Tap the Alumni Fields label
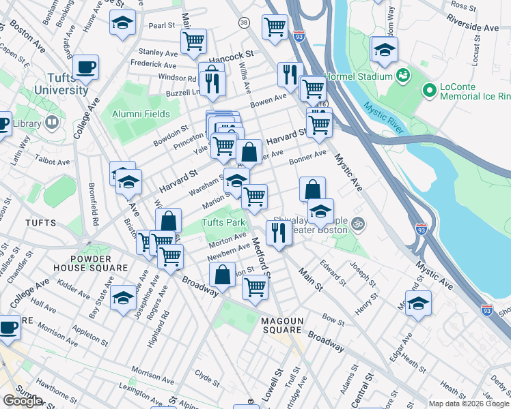[x=141, y=114]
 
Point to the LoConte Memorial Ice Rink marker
[x=429, y=90]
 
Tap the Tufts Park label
[x=223, y=223]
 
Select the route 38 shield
[x=244, y=23]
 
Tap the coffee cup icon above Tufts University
[x=86, y=67]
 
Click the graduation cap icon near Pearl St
[x=122, y=22]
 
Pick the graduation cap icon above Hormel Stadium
[x=385, y=49]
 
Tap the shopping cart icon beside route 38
[x=275, y=27]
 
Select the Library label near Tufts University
[x=27, y=123]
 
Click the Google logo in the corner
[x=23, y=400]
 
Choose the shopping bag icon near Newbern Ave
[x=223, y=275]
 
